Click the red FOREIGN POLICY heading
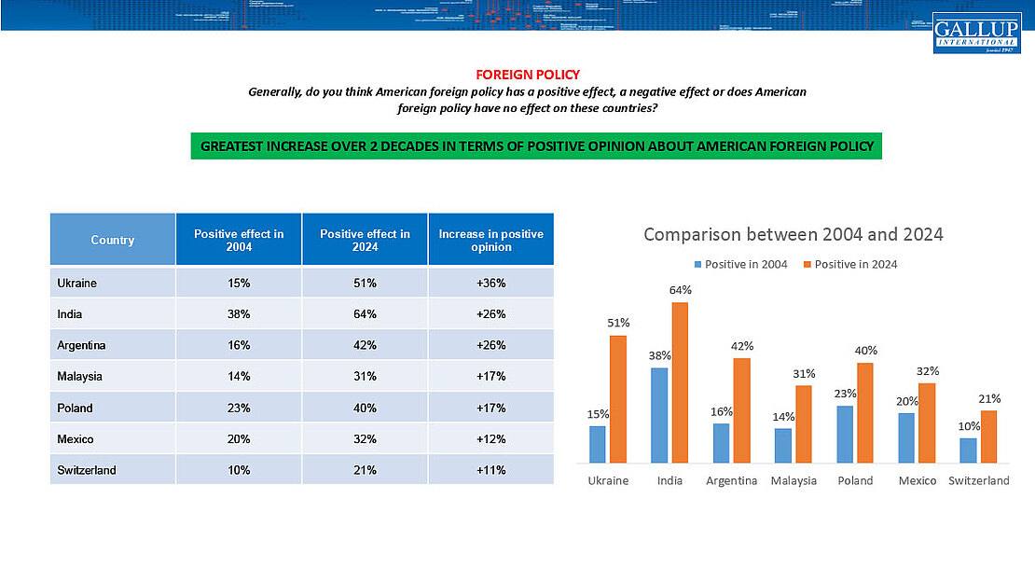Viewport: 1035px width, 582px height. click(528, 75)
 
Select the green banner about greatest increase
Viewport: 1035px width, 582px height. click(536, 146)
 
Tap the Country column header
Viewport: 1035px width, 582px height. click(113, 240)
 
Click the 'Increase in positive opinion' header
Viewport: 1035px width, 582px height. click(490, 240)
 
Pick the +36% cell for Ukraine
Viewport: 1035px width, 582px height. click(490, 283)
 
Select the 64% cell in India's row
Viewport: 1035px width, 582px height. click(365, 314)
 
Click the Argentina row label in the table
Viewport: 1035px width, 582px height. click(81, 345)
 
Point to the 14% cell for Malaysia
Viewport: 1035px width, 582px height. click(239, 377)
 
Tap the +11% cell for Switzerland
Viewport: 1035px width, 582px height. click(490, 470)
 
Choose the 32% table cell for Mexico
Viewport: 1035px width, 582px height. click(365, 439)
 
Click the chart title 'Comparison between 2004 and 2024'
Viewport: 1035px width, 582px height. click(793, 234)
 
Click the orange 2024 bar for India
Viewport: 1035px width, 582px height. click(680, 382)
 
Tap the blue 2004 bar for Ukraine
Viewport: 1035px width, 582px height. click(597, 444)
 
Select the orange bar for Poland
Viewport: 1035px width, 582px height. click(865, 412)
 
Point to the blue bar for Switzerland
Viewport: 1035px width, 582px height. click(969, 450)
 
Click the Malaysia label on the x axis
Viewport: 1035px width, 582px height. click(793, 481)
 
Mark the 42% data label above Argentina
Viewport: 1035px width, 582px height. click(742, 346)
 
